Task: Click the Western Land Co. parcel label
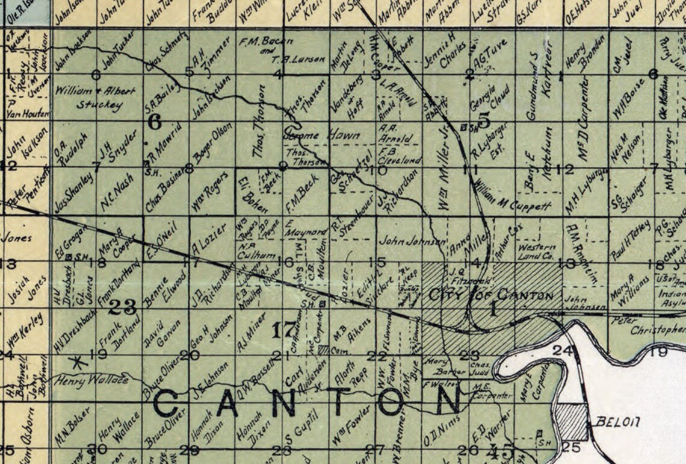(536, 251)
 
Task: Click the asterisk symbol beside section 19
(76, 362)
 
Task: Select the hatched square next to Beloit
(570, 420)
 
